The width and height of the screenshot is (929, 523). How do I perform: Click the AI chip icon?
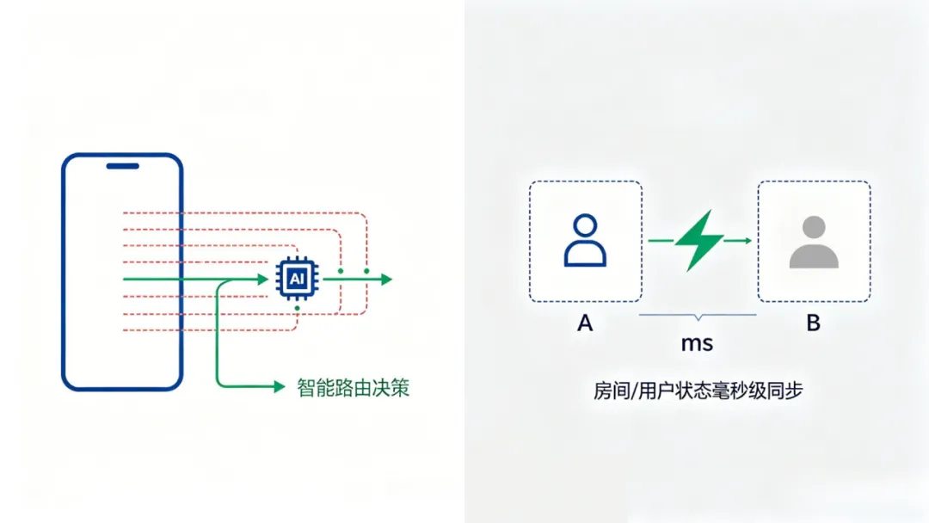click(x=296, y=280)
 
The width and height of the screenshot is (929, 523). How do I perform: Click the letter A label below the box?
click(x=586, y=323)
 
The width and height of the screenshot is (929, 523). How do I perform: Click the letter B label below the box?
click(x=813, y=323)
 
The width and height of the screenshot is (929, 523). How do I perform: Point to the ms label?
click(x=697, y=343)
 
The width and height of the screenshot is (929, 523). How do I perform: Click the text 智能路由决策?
click(x=353, y=387)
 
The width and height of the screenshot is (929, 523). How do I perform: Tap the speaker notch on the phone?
click(x=122, y=166)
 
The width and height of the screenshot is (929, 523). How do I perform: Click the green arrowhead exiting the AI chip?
click(x=386, y=280)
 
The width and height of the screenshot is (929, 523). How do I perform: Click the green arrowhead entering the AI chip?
click(x=263, y=280)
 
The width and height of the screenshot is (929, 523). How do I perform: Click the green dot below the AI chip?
click(x=297, y=307)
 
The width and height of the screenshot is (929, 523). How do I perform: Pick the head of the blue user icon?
click(x=585, y=227)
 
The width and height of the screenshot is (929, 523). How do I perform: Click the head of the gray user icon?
click(x=813, y=228)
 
